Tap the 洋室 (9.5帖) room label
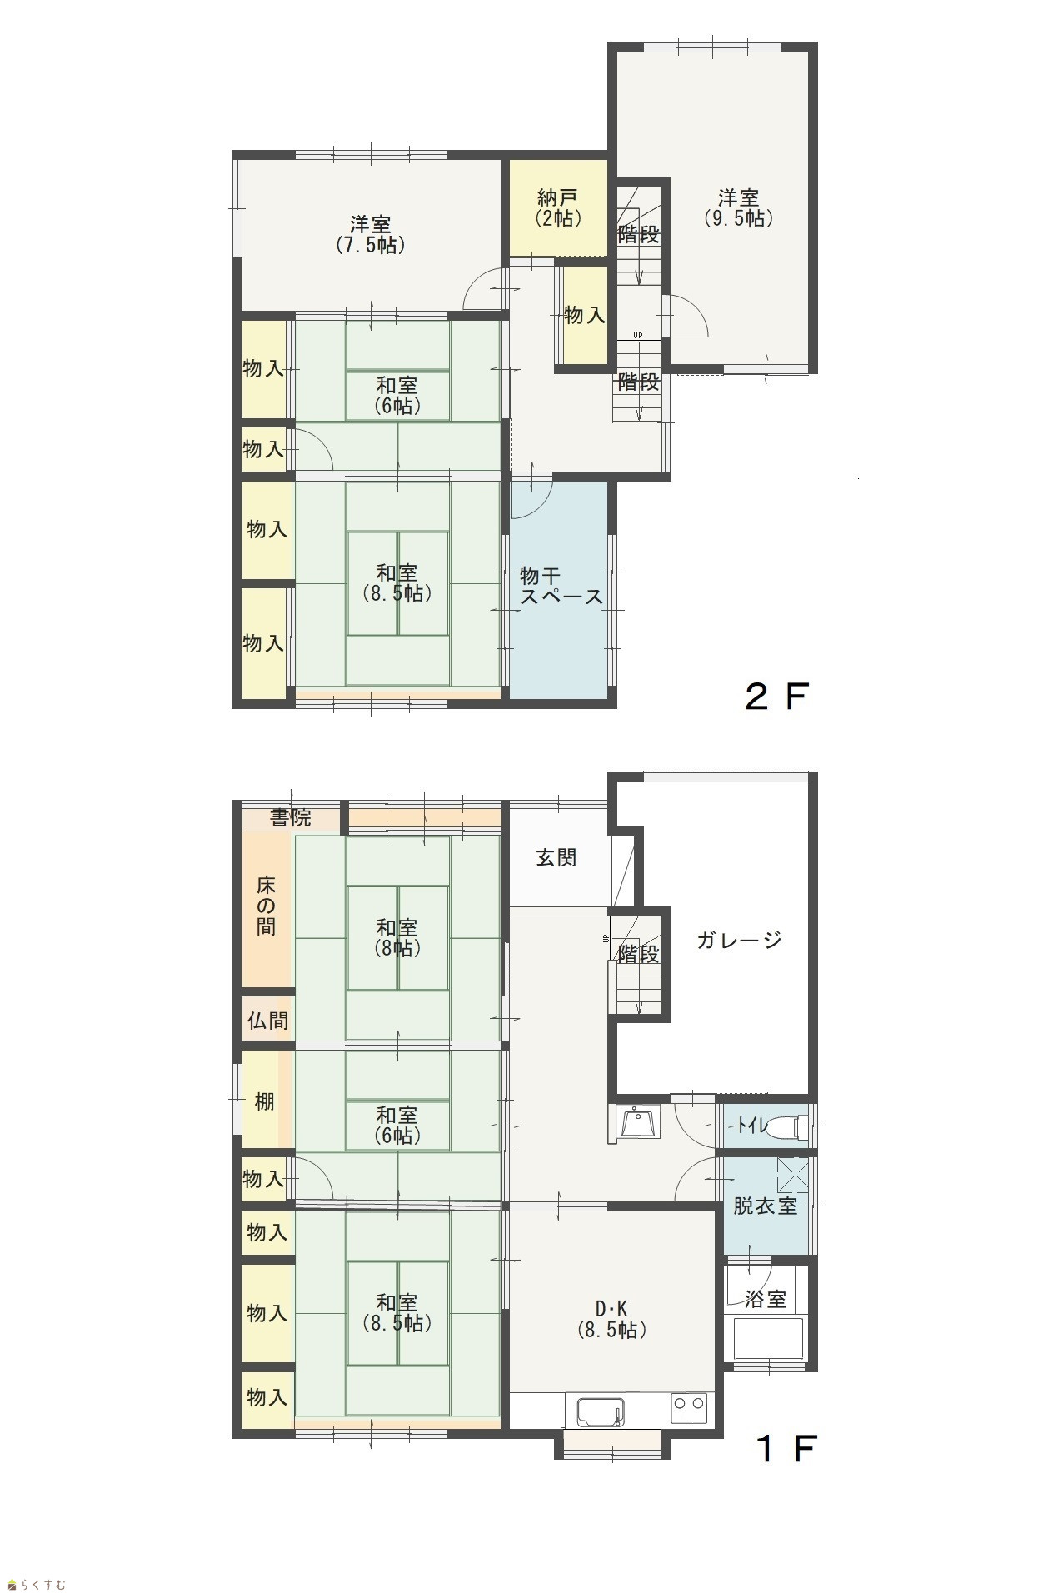tap(739, 208)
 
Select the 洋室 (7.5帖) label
tap(371, 234)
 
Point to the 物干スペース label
tap(561, 586)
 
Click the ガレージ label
tap(739, 941)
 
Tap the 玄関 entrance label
tap(556, 857)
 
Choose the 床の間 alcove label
tap(266, 906)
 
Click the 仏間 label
tap(267, 1020)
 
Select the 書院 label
tap(291, 818)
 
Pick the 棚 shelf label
tap(264, 1101)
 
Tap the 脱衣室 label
tap(765, 1206)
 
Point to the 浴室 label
tap(765, 1299)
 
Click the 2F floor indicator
tap(776, 697)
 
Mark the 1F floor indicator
tap(786, 1449)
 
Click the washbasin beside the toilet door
tap(639, 1121)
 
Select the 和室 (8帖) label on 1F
tap(397, 937)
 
